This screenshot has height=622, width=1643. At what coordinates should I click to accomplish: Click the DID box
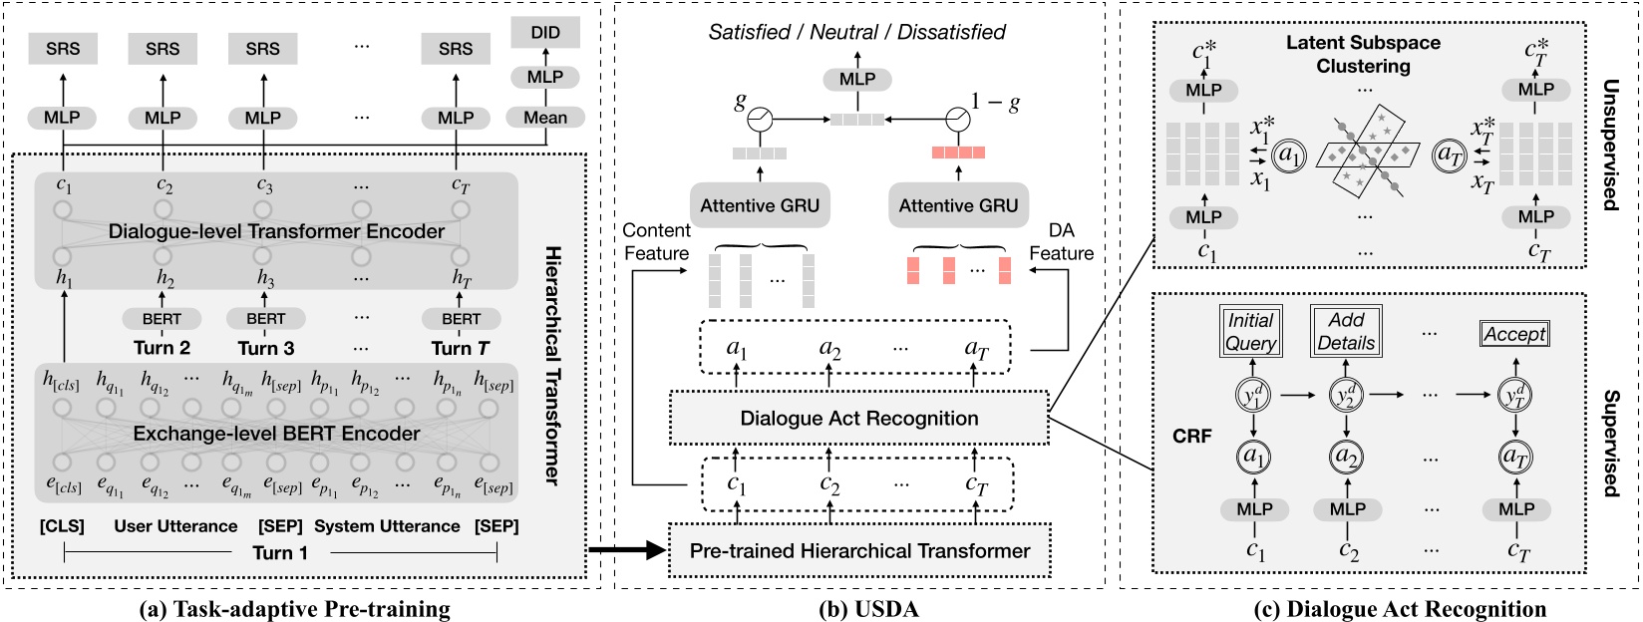[544, 32]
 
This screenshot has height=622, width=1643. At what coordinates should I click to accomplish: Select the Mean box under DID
[544, 118]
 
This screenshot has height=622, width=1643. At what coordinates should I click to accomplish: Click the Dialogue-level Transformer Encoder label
[276, 231]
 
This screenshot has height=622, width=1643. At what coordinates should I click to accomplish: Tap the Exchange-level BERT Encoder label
[276, 434]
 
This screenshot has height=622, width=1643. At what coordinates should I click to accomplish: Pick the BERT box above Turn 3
[265, 319]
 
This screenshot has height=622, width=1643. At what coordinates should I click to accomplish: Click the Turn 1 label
[279, 553]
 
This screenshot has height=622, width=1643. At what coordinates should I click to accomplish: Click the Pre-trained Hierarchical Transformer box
[859, 550]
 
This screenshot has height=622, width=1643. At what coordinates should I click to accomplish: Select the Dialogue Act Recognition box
[858, 419]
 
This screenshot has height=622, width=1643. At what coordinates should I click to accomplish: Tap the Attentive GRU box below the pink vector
[958, 205]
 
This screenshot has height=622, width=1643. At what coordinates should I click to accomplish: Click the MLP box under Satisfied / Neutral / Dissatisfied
[856, 79]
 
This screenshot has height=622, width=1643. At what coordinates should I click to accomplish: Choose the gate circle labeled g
[761, 120]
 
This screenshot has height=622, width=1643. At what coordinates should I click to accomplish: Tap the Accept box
[1513, 335]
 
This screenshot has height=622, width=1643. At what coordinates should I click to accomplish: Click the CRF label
[1191, 436]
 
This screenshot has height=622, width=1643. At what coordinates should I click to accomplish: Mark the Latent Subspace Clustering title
[1363, 55]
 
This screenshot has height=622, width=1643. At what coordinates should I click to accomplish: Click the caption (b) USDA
[859, 608]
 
